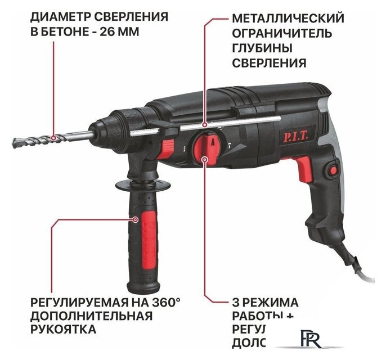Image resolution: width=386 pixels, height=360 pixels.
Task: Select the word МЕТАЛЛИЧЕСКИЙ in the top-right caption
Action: pos(288,18)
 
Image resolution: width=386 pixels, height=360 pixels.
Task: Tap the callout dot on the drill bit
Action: pos(53,137)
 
